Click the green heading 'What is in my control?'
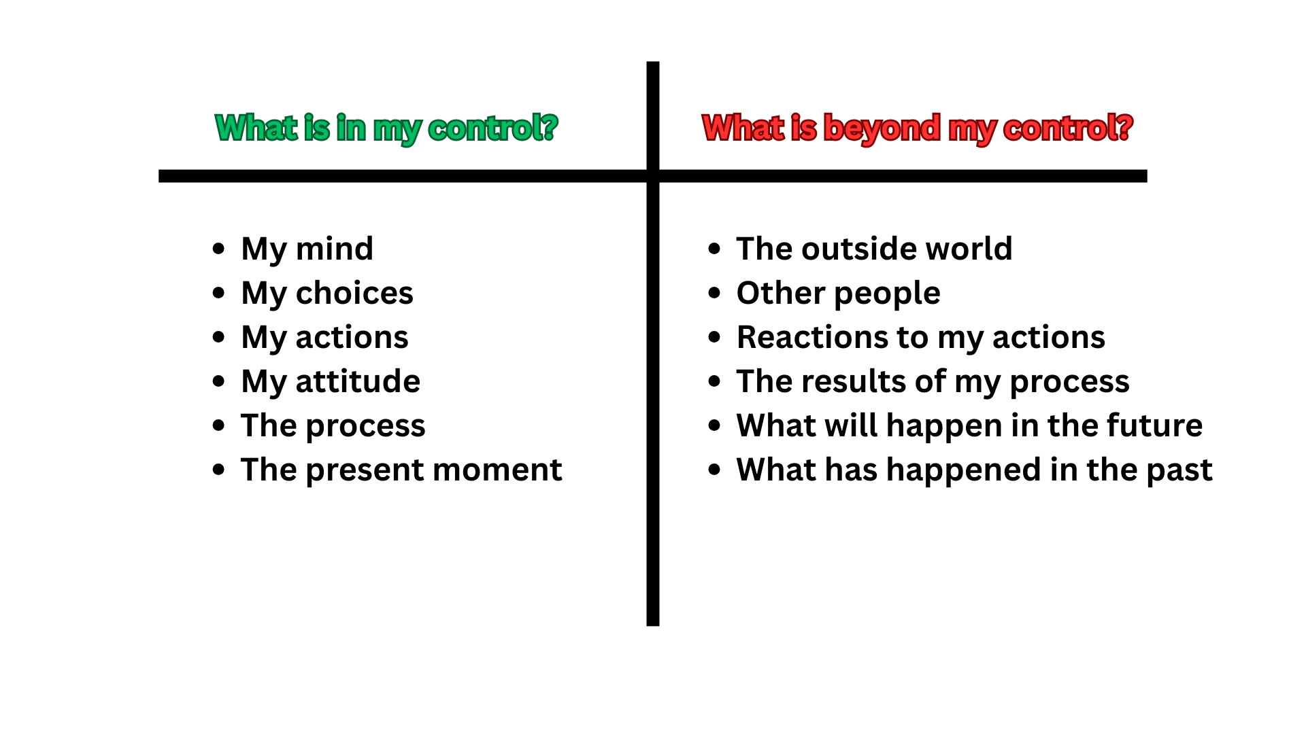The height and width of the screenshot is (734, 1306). pyautogui.click(x=386, y=128)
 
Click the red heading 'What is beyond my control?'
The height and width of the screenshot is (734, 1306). pyautogui.click(x=917, y=128)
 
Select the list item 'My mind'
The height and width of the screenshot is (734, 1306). pyautogui.click(x=307, y=249)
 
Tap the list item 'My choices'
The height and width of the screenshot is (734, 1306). pyautogui.click(x=326, y=293)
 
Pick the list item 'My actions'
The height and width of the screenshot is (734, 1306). pyautogui.click(x=324, y=337)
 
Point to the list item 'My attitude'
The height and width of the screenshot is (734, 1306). pyautogui.click(x=331, y=381)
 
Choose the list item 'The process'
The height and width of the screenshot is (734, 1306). pyautogui.click(x=333, y=425)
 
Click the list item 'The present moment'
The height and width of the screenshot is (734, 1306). pyautogui.click(x=401, y=470)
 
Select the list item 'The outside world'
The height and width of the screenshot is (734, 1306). pyautogui.click(x=874, y=249)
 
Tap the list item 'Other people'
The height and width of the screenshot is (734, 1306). pyautogui.click(x=838, y=293)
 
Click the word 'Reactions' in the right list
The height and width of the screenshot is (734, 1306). pyautogui.click(x=788, y=337)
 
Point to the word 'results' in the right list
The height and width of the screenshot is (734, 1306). pyautogui.click(x=858, y=381)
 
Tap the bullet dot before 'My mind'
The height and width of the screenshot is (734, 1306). pyautogui.click(x=218, y=249)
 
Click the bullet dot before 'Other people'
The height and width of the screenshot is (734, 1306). pyautogui.click(x=714, y=293)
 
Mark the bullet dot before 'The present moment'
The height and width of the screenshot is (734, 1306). pyautogui.click(x=218, y=470)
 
